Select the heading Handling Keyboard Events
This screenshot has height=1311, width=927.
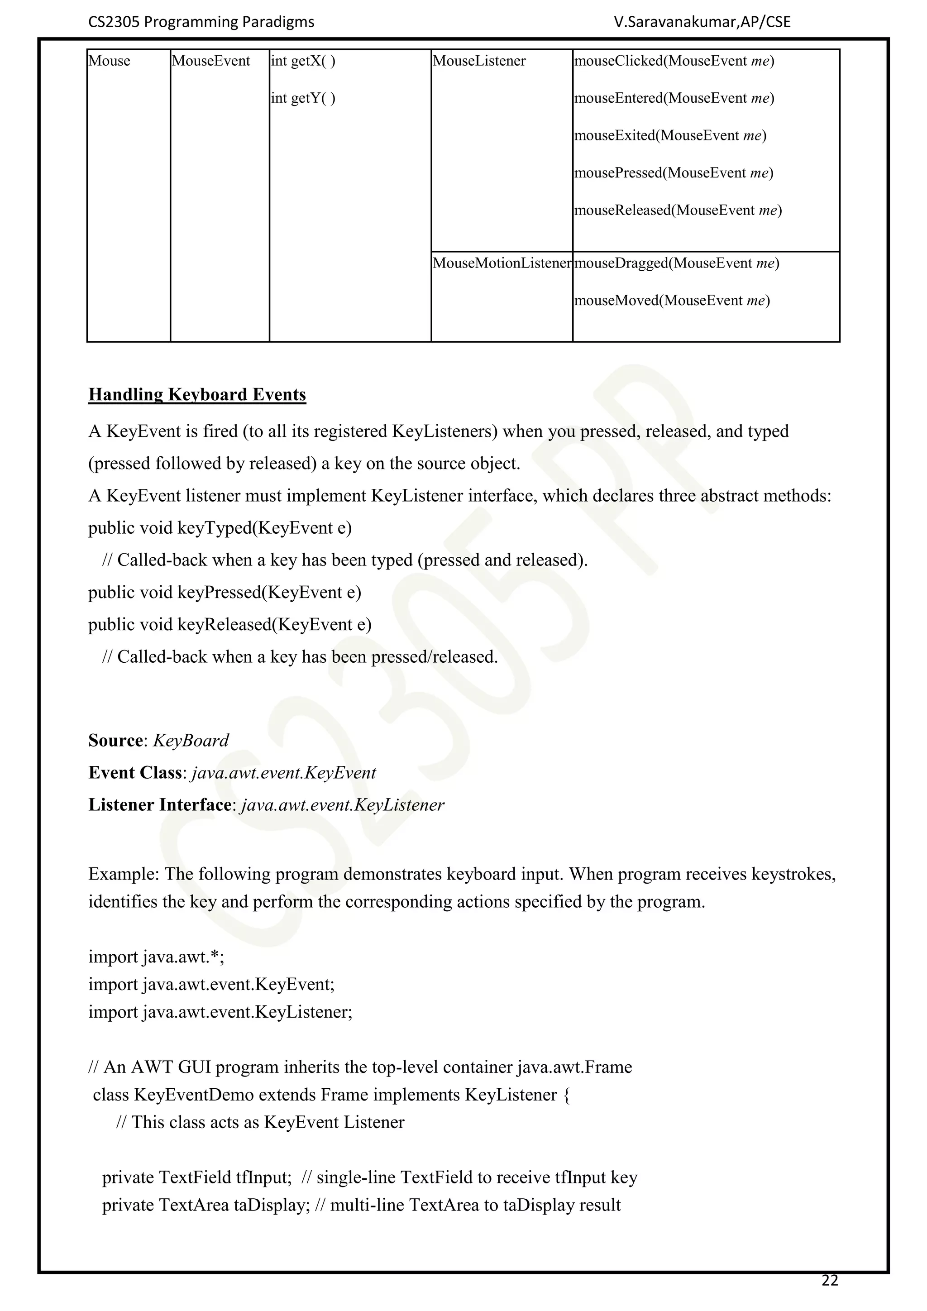(197, 395)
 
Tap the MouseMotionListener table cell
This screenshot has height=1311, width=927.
(502, 263)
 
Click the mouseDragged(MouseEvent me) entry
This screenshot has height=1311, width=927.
(676, 263)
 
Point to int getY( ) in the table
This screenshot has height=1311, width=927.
(303, 98)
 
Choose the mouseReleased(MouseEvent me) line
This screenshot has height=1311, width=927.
(678, 210)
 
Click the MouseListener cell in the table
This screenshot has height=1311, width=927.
(479, 61)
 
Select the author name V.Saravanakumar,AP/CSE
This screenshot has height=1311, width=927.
(702, 22)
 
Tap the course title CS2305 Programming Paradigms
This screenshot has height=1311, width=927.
(201, 22)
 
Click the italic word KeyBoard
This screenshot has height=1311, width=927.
(191, 741)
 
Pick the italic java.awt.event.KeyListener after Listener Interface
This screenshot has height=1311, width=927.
(343, 805)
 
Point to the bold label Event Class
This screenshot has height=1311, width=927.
(135, 773)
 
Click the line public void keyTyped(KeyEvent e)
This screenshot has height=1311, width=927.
(220, 527)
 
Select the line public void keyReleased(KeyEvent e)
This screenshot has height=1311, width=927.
(229, 624)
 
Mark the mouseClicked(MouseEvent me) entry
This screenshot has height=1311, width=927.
(674, 61)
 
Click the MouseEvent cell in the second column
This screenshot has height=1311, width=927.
(210, 61)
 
